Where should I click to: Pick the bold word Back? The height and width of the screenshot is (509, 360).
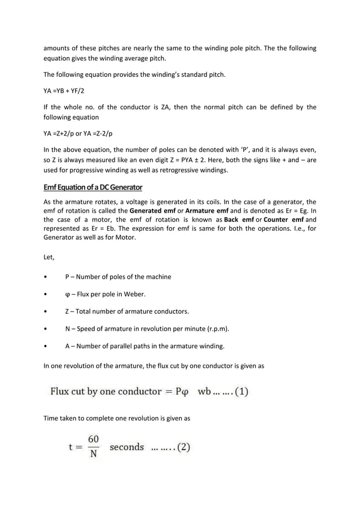tap(232, 220)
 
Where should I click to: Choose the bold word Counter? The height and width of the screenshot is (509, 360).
tap(275, 220)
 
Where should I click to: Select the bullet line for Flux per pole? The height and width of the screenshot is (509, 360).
tap(107, 294)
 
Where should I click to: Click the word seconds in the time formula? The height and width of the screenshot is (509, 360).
tap(127, 447)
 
